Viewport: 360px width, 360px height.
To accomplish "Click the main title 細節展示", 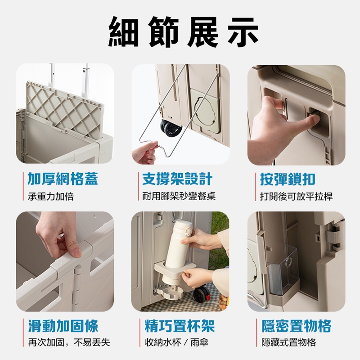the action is click(183, 31).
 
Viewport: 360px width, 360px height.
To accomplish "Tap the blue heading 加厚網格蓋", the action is click(63, 179).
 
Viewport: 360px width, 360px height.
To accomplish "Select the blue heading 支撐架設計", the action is click(177, 179).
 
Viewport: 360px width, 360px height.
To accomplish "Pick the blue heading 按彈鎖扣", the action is click(288, 179).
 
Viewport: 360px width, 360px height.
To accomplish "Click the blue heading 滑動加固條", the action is click(63, 326).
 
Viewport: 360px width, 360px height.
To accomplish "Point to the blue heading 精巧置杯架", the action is click(180, 326).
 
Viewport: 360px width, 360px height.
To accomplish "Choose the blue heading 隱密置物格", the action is click(297, 326).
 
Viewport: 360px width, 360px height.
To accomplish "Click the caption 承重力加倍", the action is click(51, 197).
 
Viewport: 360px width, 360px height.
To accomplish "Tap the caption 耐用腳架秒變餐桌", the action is click(179, 197).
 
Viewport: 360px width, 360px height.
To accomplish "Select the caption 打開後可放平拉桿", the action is click(297, 197).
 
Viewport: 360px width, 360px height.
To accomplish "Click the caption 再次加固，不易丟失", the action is click(69, 342).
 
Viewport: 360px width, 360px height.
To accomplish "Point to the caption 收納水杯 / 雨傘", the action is click(177, 342).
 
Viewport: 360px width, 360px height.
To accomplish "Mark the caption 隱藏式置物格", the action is click(289, 342).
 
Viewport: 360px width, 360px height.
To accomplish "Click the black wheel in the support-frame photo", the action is click(171, 129).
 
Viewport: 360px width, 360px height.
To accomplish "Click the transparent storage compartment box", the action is click(283, 271).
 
